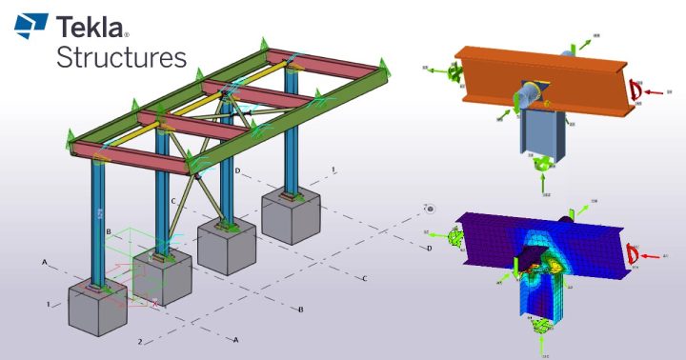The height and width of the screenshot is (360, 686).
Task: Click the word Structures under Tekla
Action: click(121, 56)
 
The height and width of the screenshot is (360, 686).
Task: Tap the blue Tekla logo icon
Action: click(31, 27)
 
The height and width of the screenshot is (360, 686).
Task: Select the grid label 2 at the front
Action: click(139, 341)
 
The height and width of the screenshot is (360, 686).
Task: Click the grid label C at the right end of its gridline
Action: click(364, 278)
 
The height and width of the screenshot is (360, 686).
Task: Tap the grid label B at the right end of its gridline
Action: click(300, 310)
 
